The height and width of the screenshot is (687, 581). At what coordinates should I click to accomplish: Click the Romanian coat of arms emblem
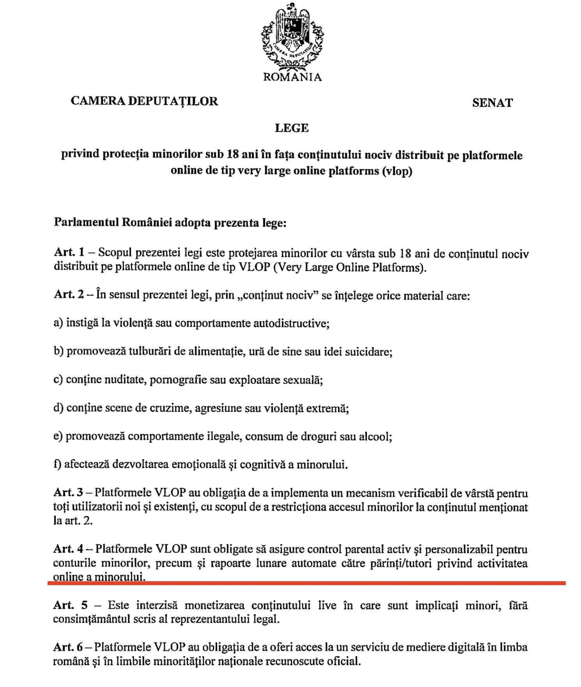tap(292, 38)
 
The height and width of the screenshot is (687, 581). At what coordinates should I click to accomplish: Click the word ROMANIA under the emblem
tap(292, 77)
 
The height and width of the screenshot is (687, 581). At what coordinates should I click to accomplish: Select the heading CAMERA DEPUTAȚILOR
tap(144, 101)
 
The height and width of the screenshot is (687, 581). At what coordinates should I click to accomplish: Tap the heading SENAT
tap(492, 103)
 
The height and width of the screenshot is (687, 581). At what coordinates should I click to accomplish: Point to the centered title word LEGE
tap(292, 128)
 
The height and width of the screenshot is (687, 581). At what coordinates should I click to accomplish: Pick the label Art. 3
tap(68, 493)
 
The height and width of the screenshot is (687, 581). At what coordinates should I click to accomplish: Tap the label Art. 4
tap(69, 549)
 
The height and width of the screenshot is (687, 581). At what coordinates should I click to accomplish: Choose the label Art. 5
tap(70, 605)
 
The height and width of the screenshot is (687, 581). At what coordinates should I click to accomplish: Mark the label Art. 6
tap(68, 647)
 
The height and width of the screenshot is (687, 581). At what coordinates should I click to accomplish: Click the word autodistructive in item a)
tap(291, 323)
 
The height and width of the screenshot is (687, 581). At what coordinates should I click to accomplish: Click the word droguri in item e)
tap(314, 437)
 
